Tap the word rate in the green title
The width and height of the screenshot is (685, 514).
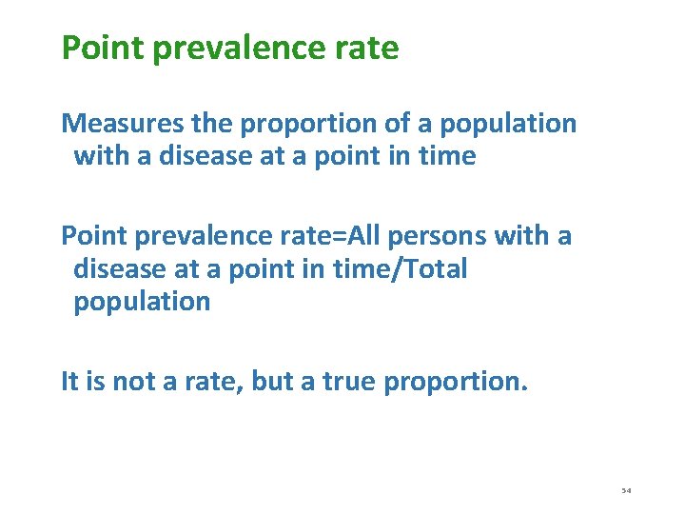(368, 47)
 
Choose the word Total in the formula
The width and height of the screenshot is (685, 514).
(435, 268)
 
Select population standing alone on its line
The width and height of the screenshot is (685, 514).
(142, 302)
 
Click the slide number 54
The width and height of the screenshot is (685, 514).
(626, 490)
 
